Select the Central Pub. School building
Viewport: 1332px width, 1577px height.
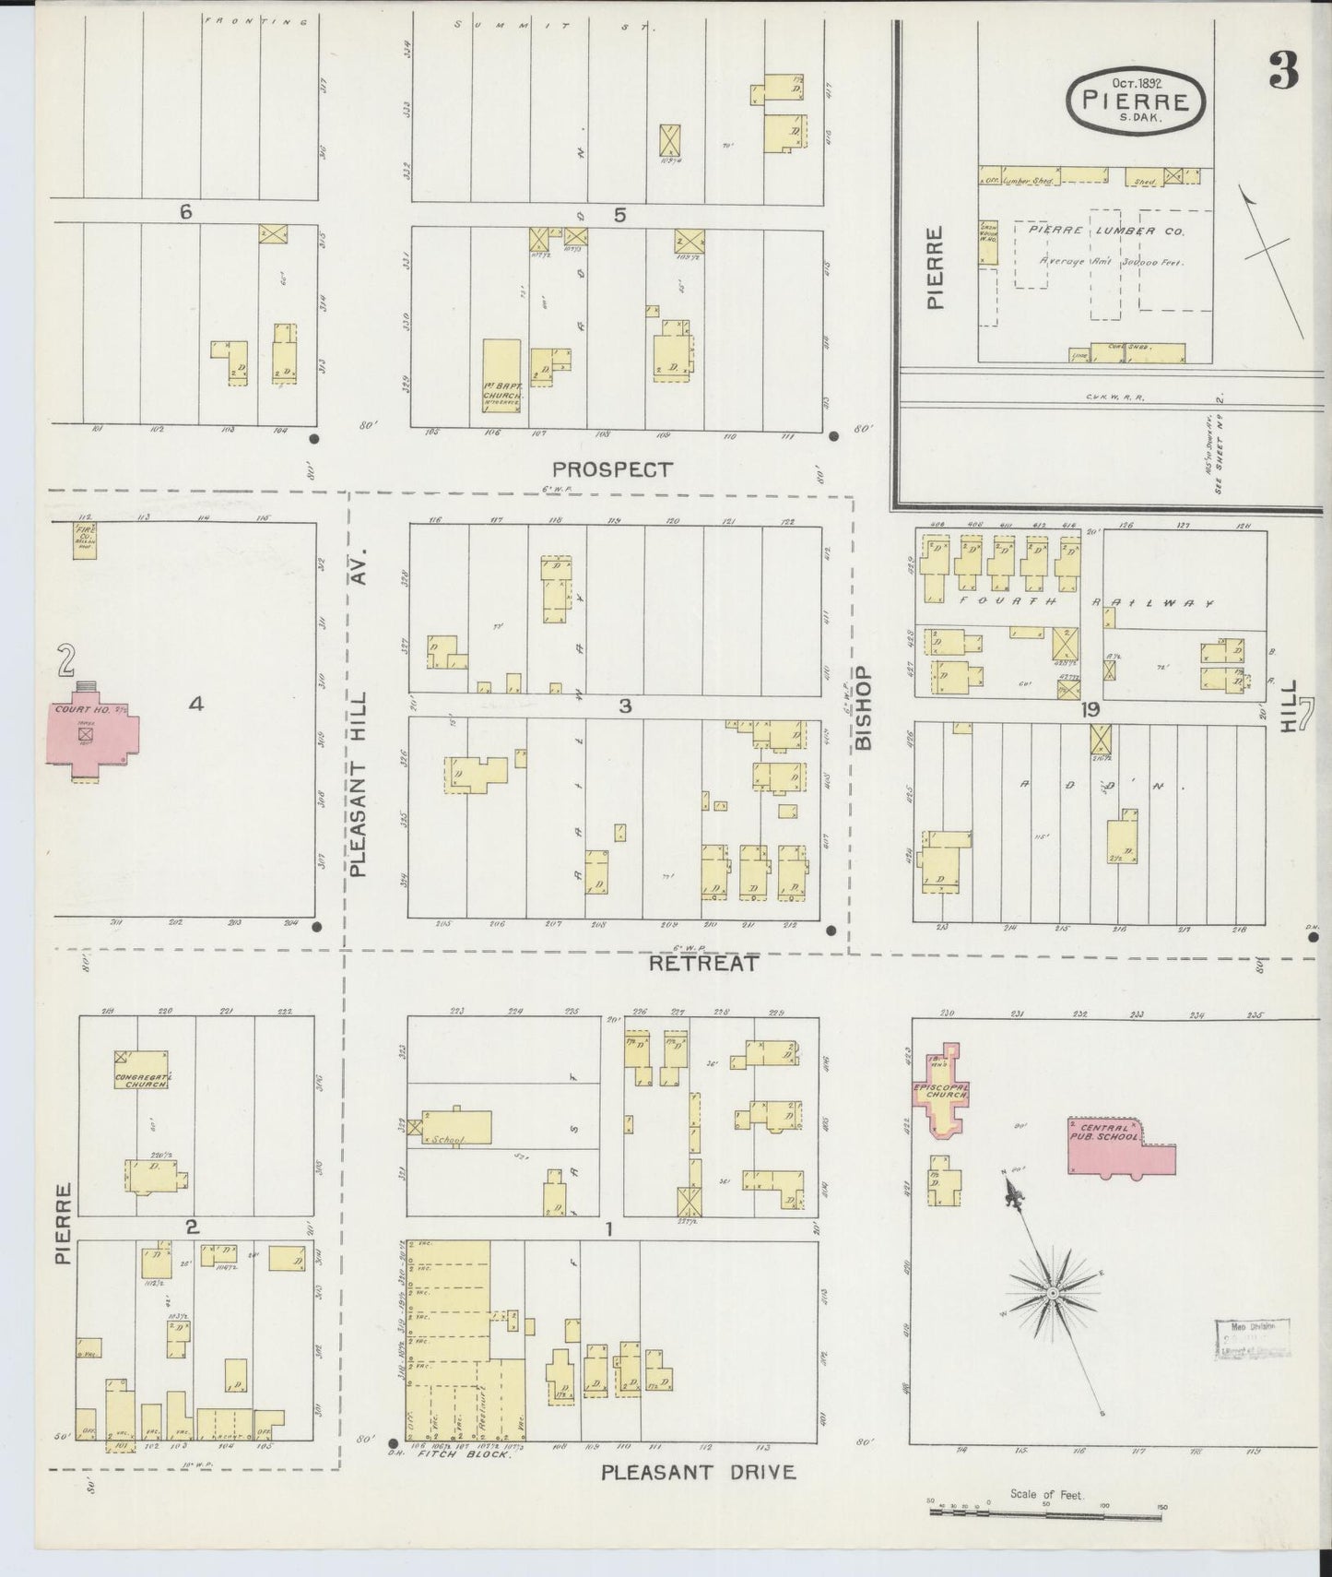1120,1148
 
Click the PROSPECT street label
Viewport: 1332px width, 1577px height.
614,469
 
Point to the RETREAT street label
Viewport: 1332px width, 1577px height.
703,964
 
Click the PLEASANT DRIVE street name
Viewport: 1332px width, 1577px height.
698,1472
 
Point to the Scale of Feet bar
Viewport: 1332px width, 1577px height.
1045,1512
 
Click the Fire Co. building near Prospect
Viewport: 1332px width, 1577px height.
86,540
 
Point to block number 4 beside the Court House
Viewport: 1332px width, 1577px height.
195,705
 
